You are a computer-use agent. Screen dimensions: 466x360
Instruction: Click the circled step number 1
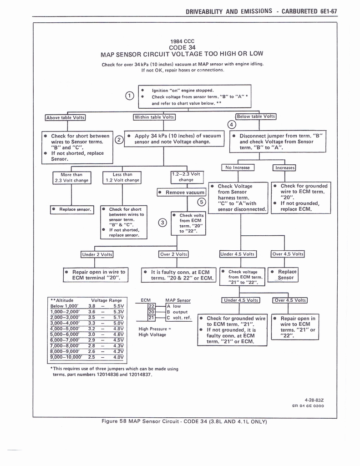[130, 96]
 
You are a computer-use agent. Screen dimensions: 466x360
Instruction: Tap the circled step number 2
[119, 139]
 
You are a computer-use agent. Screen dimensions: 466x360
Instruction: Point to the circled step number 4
[232, 125]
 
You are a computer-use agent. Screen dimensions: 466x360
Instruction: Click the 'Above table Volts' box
[66, 117]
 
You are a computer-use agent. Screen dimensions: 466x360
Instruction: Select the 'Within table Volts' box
[154, 117]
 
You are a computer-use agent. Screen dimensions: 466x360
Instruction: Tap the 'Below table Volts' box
[256, 116]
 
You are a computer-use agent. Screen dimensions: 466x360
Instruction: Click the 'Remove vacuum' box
[182, 192]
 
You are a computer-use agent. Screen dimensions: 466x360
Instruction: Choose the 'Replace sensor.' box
[72, 209]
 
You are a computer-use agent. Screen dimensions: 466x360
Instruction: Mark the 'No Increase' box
[238, 167]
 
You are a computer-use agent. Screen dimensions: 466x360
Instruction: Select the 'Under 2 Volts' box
[97, 254]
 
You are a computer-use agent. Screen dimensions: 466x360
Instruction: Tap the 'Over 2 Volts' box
[173, 254]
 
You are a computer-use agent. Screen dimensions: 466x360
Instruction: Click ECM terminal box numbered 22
[152, 306]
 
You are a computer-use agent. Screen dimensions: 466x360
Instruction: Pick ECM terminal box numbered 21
[152, 317]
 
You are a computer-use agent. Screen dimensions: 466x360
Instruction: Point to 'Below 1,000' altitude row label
[63, 306]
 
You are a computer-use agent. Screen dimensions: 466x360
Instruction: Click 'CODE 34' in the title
[182, 47]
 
